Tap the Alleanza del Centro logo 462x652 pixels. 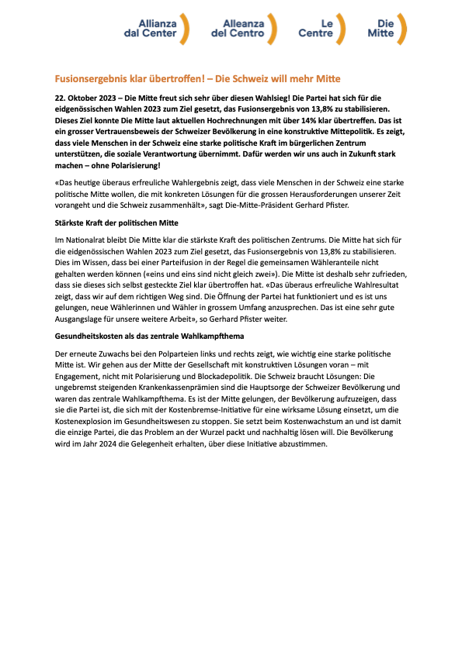[x=243, y=29]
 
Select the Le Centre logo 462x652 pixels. [x=321, y=29]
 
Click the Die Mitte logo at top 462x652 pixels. [x=386, y=29]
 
